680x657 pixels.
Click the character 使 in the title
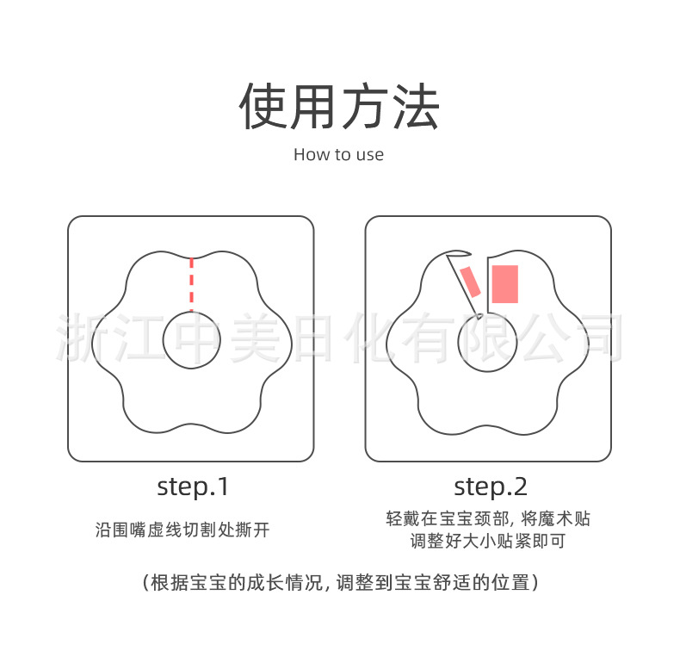click(x=264, y=108)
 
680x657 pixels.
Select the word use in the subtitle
click(x=370, y=156)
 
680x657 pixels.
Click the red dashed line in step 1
click(x=191, y=284)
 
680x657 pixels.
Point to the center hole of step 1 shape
click(x=191, y=339)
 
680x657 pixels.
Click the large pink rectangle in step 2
click(x=504, y=284)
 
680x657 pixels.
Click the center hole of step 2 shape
click(x=488, y=342)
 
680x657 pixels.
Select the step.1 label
click(x=193, y=487)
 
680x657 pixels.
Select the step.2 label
click(x=490, y=487)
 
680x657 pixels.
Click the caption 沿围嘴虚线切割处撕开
click(x=182, y=530)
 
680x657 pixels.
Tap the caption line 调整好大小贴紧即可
click(x=488, y=542)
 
